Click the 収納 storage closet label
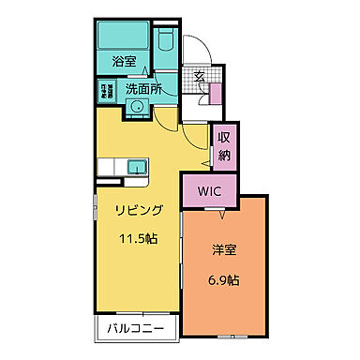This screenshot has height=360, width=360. coord(224,146)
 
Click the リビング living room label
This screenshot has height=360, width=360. coord(139,211)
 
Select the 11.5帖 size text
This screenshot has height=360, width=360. coord(139,238)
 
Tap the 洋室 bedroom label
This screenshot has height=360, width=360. coord(224,251)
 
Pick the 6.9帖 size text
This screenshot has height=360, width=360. coord(224,279)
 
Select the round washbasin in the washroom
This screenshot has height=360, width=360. coord(136,106)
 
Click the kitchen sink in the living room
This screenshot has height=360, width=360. coord(135,167)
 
